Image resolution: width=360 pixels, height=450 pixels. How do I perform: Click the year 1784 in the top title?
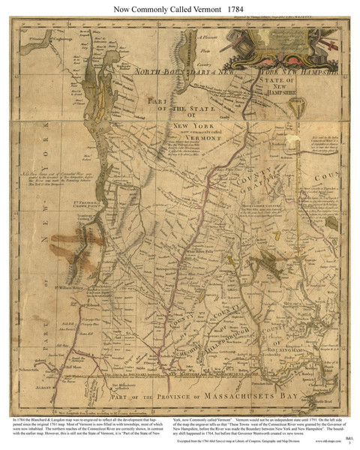tap(229, 9)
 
